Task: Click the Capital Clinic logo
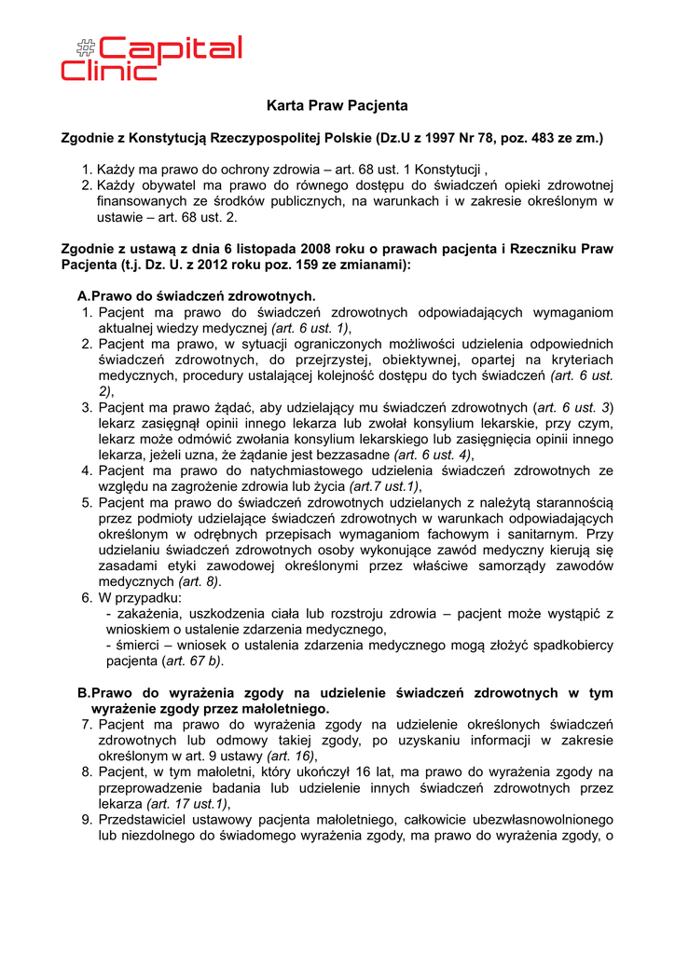pyautogui.click(x=151, y=58)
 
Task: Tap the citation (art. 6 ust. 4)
pyautogui.click(x=434, y=455)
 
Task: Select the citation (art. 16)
pyautogui.click(x=293, y=756)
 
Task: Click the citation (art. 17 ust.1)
pyautogui.click(x=187, y=803)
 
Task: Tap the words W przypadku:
pyautogui.click(x=140, y=597)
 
